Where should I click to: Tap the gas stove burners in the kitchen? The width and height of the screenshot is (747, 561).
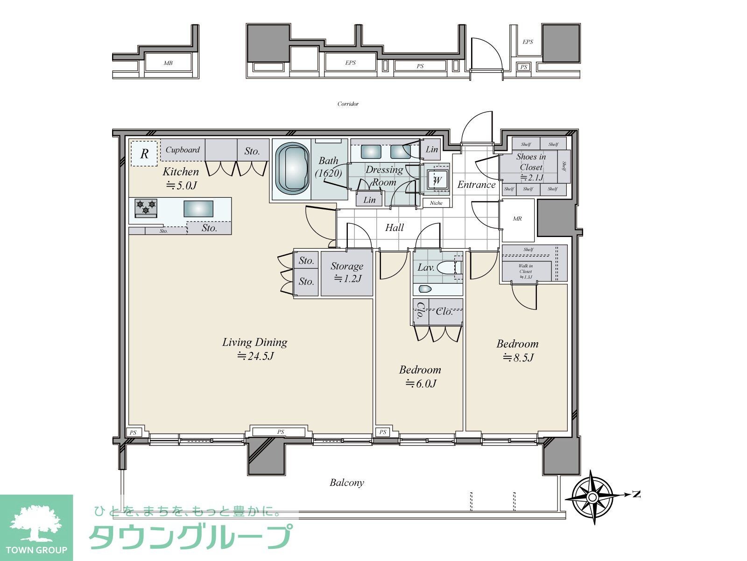click(146, 207)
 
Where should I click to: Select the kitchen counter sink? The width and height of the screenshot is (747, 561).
click(198, 209)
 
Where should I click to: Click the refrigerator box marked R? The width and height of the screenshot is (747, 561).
click(144, 153)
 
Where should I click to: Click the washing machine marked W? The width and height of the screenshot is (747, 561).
click(438, 180)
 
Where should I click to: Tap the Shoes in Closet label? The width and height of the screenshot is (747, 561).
click(531, 162)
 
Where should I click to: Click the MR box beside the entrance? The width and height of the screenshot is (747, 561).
click(517, 219)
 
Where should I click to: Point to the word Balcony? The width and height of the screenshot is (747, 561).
click(346, 482)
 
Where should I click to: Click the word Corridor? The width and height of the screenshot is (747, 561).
click(348, 104)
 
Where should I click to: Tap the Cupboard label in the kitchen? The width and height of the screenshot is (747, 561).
click(183, 150)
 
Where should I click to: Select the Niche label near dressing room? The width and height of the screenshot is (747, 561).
click(436, 203)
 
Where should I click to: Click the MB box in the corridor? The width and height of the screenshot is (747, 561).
click(168, 63)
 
